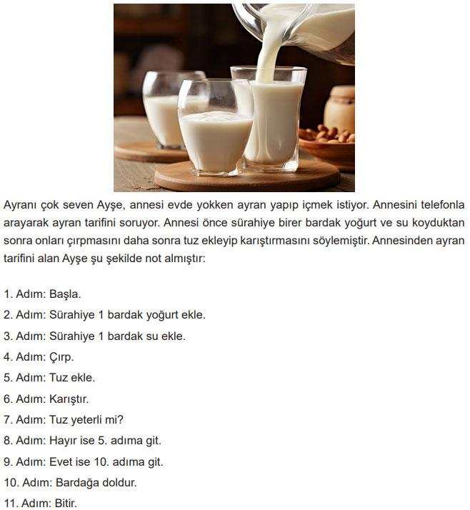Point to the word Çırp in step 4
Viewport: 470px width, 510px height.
(x=61, y=357)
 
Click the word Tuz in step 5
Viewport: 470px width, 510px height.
(x=59, y=378)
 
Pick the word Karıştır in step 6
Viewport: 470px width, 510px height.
(x=68, y=399)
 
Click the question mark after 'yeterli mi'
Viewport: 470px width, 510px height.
(x=120, y=419)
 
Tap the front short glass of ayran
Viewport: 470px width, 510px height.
(x=215, y=128)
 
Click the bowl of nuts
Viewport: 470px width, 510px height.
(x=327, y=146)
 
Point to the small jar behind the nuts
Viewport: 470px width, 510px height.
(x=339, y=109)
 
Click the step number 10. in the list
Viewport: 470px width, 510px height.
(x=11, y=483)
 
